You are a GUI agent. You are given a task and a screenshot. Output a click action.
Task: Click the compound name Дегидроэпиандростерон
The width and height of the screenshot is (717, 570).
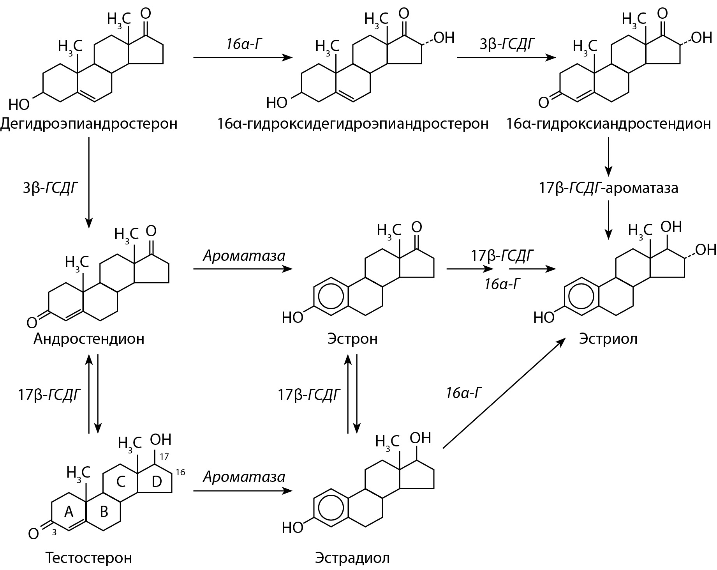(89, 124)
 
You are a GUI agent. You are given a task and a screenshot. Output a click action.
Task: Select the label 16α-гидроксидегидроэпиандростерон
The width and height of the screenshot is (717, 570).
(352, 124)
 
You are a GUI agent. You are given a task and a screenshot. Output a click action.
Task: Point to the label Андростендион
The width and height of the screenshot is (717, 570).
(89, 338)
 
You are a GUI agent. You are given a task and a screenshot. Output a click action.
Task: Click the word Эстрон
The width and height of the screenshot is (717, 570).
(352, 338)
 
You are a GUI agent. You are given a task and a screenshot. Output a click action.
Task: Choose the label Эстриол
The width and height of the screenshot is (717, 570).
(608, 338)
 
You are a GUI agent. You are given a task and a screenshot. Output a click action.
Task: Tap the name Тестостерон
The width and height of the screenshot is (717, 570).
(89, 558)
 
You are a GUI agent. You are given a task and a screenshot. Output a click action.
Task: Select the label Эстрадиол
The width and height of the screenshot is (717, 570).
(352, 558)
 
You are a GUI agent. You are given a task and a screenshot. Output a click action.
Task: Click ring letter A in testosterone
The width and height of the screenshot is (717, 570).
(69, 512)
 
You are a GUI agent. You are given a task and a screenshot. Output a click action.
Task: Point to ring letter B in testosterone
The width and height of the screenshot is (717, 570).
(104, 512)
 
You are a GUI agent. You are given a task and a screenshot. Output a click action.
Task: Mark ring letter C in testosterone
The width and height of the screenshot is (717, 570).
(121, 482)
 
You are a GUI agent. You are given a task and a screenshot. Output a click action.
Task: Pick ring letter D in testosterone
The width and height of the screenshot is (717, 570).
(156, 482)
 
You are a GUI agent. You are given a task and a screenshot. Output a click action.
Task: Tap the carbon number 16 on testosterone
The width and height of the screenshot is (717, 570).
(180, 473)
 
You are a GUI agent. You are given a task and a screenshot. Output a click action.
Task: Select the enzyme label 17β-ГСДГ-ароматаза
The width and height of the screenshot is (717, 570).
(608, 188)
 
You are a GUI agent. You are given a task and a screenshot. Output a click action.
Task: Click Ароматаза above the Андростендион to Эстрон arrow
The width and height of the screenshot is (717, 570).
(244, 256)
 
